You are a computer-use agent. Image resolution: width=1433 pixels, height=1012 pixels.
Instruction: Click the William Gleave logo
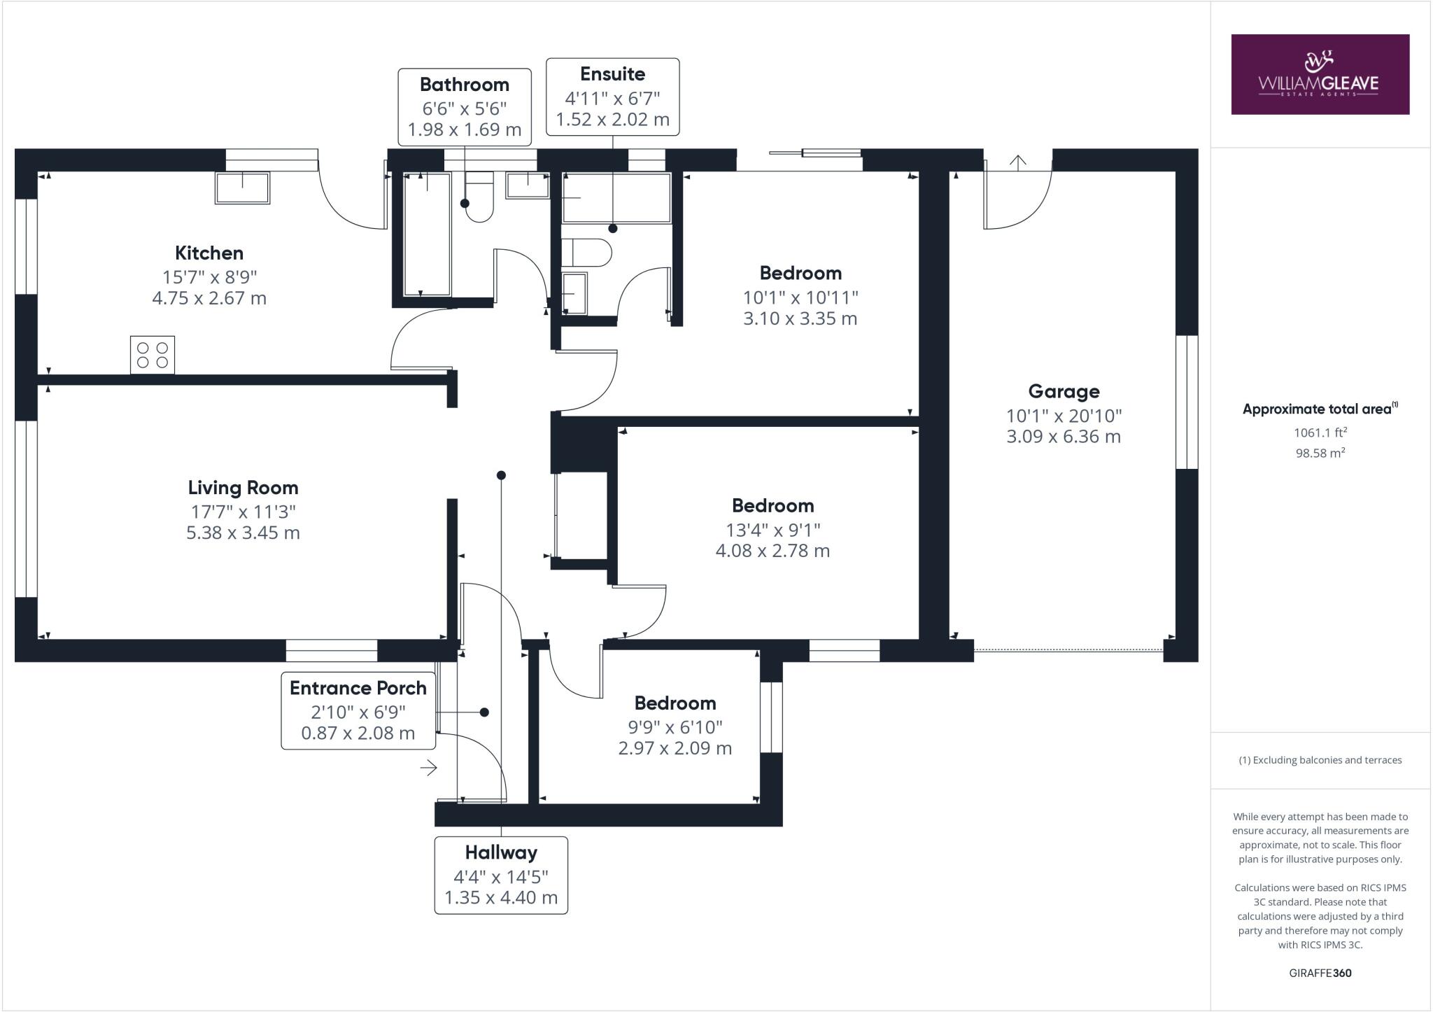(1320, 74)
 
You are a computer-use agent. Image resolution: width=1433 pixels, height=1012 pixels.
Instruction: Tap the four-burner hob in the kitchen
(153, 355)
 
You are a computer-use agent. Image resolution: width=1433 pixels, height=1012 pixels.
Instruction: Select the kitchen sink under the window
(242, 188)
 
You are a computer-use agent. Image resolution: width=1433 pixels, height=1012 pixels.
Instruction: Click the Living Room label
(243, 488)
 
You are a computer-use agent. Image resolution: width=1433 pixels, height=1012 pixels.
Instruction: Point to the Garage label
(1064, 392)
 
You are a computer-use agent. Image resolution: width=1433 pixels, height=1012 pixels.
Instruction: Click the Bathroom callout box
(465, 107)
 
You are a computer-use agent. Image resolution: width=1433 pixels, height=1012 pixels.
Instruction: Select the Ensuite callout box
(612, 97)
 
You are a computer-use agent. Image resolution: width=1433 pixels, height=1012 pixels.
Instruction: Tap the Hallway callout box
(501, 875)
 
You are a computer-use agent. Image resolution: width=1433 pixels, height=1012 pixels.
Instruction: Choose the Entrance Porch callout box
(358, 710)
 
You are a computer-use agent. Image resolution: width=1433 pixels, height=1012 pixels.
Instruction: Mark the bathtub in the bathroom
(427, 234)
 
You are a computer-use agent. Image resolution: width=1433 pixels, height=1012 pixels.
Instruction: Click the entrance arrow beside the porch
(429, 768)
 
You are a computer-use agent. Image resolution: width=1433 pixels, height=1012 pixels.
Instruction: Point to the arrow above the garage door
(1018, 162)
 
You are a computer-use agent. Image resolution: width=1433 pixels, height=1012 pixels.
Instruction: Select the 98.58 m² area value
(1320, 453)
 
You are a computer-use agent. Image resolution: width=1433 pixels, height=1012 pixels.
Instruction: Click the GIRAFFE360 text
(1320, 973)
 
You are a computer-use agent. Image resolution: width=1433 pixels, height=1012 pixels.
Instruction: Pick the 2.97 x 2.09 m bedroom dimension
(675, 748)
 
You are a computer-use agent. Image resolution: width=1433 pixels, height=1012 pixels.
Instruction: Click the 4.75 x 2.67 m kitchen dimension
(209, 298)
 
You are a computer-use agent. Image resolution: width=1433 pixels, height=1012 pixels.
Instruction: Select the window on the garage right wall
(1187, 402)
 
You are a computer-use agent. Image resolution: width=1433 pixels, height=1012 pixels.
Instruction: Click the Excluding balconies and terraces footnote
(1320, 760)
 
